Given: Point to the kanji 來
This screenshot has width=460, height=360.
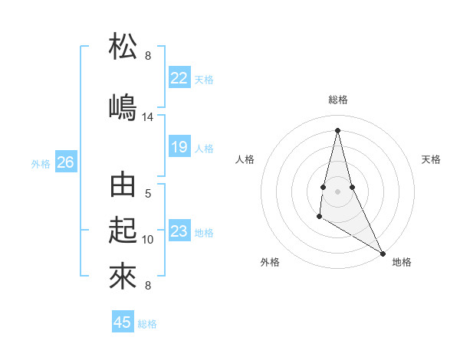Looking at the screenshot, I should (x=123, y=275).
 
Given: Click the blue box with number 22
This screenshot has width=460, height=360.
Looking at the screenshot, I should (x=179, y=78).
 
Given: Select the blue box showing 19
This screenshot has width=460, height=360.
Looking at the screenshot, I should (x=179, y=147).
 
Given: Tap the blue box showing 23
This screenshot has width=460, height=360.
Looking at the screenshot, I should (x=179, y=231).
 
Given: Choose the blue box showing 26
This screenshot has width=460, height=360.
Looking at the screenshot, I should (x=66, y=162).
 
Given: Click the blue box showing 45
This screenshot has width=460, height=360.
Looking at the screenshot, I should (x=123, y=322).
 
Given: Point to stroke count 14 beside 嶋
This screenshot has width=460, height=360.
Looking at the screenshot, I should (x=148, y=117).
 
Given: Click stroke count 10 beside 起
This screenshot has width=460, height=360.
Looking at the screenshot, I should (x=148, y=239).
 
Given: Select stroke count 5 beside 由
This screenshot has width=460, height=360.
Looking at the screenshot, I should (x=148, y=194).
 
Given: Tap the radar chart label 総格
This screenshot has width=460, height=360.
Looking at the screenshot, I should (x=337, y=100).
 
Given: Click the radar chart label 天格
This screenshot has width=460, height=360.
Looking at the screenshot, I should (x=432, y=159).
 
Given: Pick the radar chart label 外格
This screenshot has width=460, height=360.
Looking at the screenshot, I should (x=270, y=262).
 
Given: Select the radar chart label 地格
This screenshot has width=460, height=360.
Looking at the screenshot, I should (x=402, y=262).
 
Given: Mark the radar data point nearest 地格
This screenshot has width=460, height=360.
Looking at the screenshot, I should (x=383, y=253).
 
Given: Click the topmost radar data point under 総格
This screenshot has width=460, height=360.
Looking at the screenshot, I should (x=337, y=129).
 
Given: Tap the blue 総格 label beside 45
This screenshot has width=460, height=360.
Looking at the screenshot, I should (x=147, y=324).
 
